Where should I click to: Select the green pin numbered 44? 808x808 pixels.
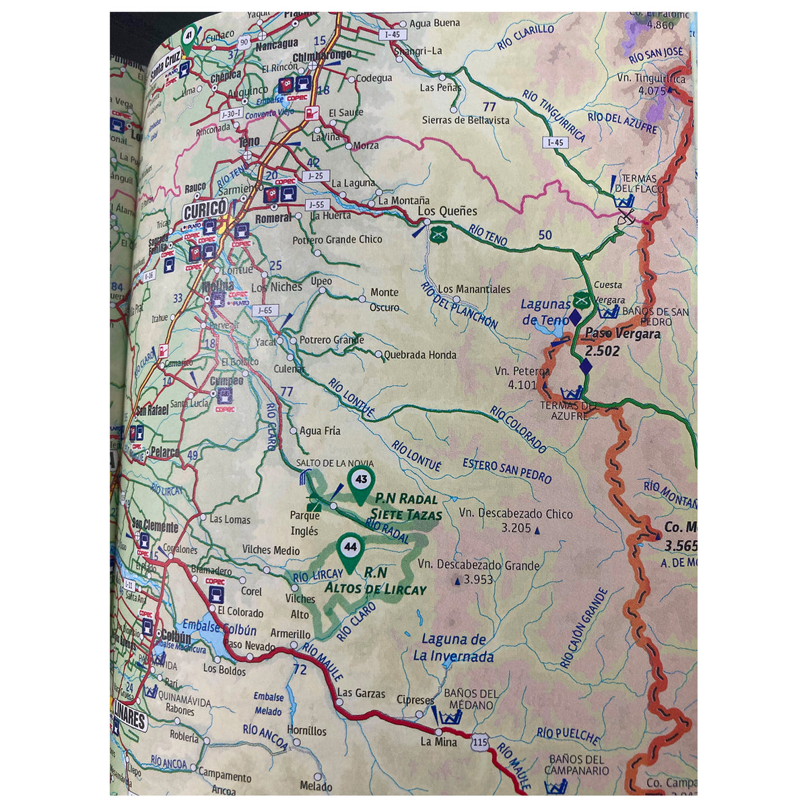click(349, 549)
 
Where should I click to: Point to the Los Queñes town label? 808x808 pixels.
click(448, 211)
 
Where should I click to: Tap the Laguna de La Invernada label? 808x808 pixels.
click(453, 648)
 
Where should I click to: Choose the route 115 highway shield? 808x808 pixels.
click(479, 741)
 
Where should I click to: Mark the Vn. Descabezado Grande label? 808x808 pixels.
click(478, 572)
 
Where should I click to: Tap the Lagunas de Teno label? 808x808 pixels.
click(545, 312)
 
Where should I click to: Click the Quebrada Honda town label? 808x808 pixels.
click(419, 355)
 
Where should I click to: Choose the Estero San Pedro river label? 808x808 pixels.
click(507, 471)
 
